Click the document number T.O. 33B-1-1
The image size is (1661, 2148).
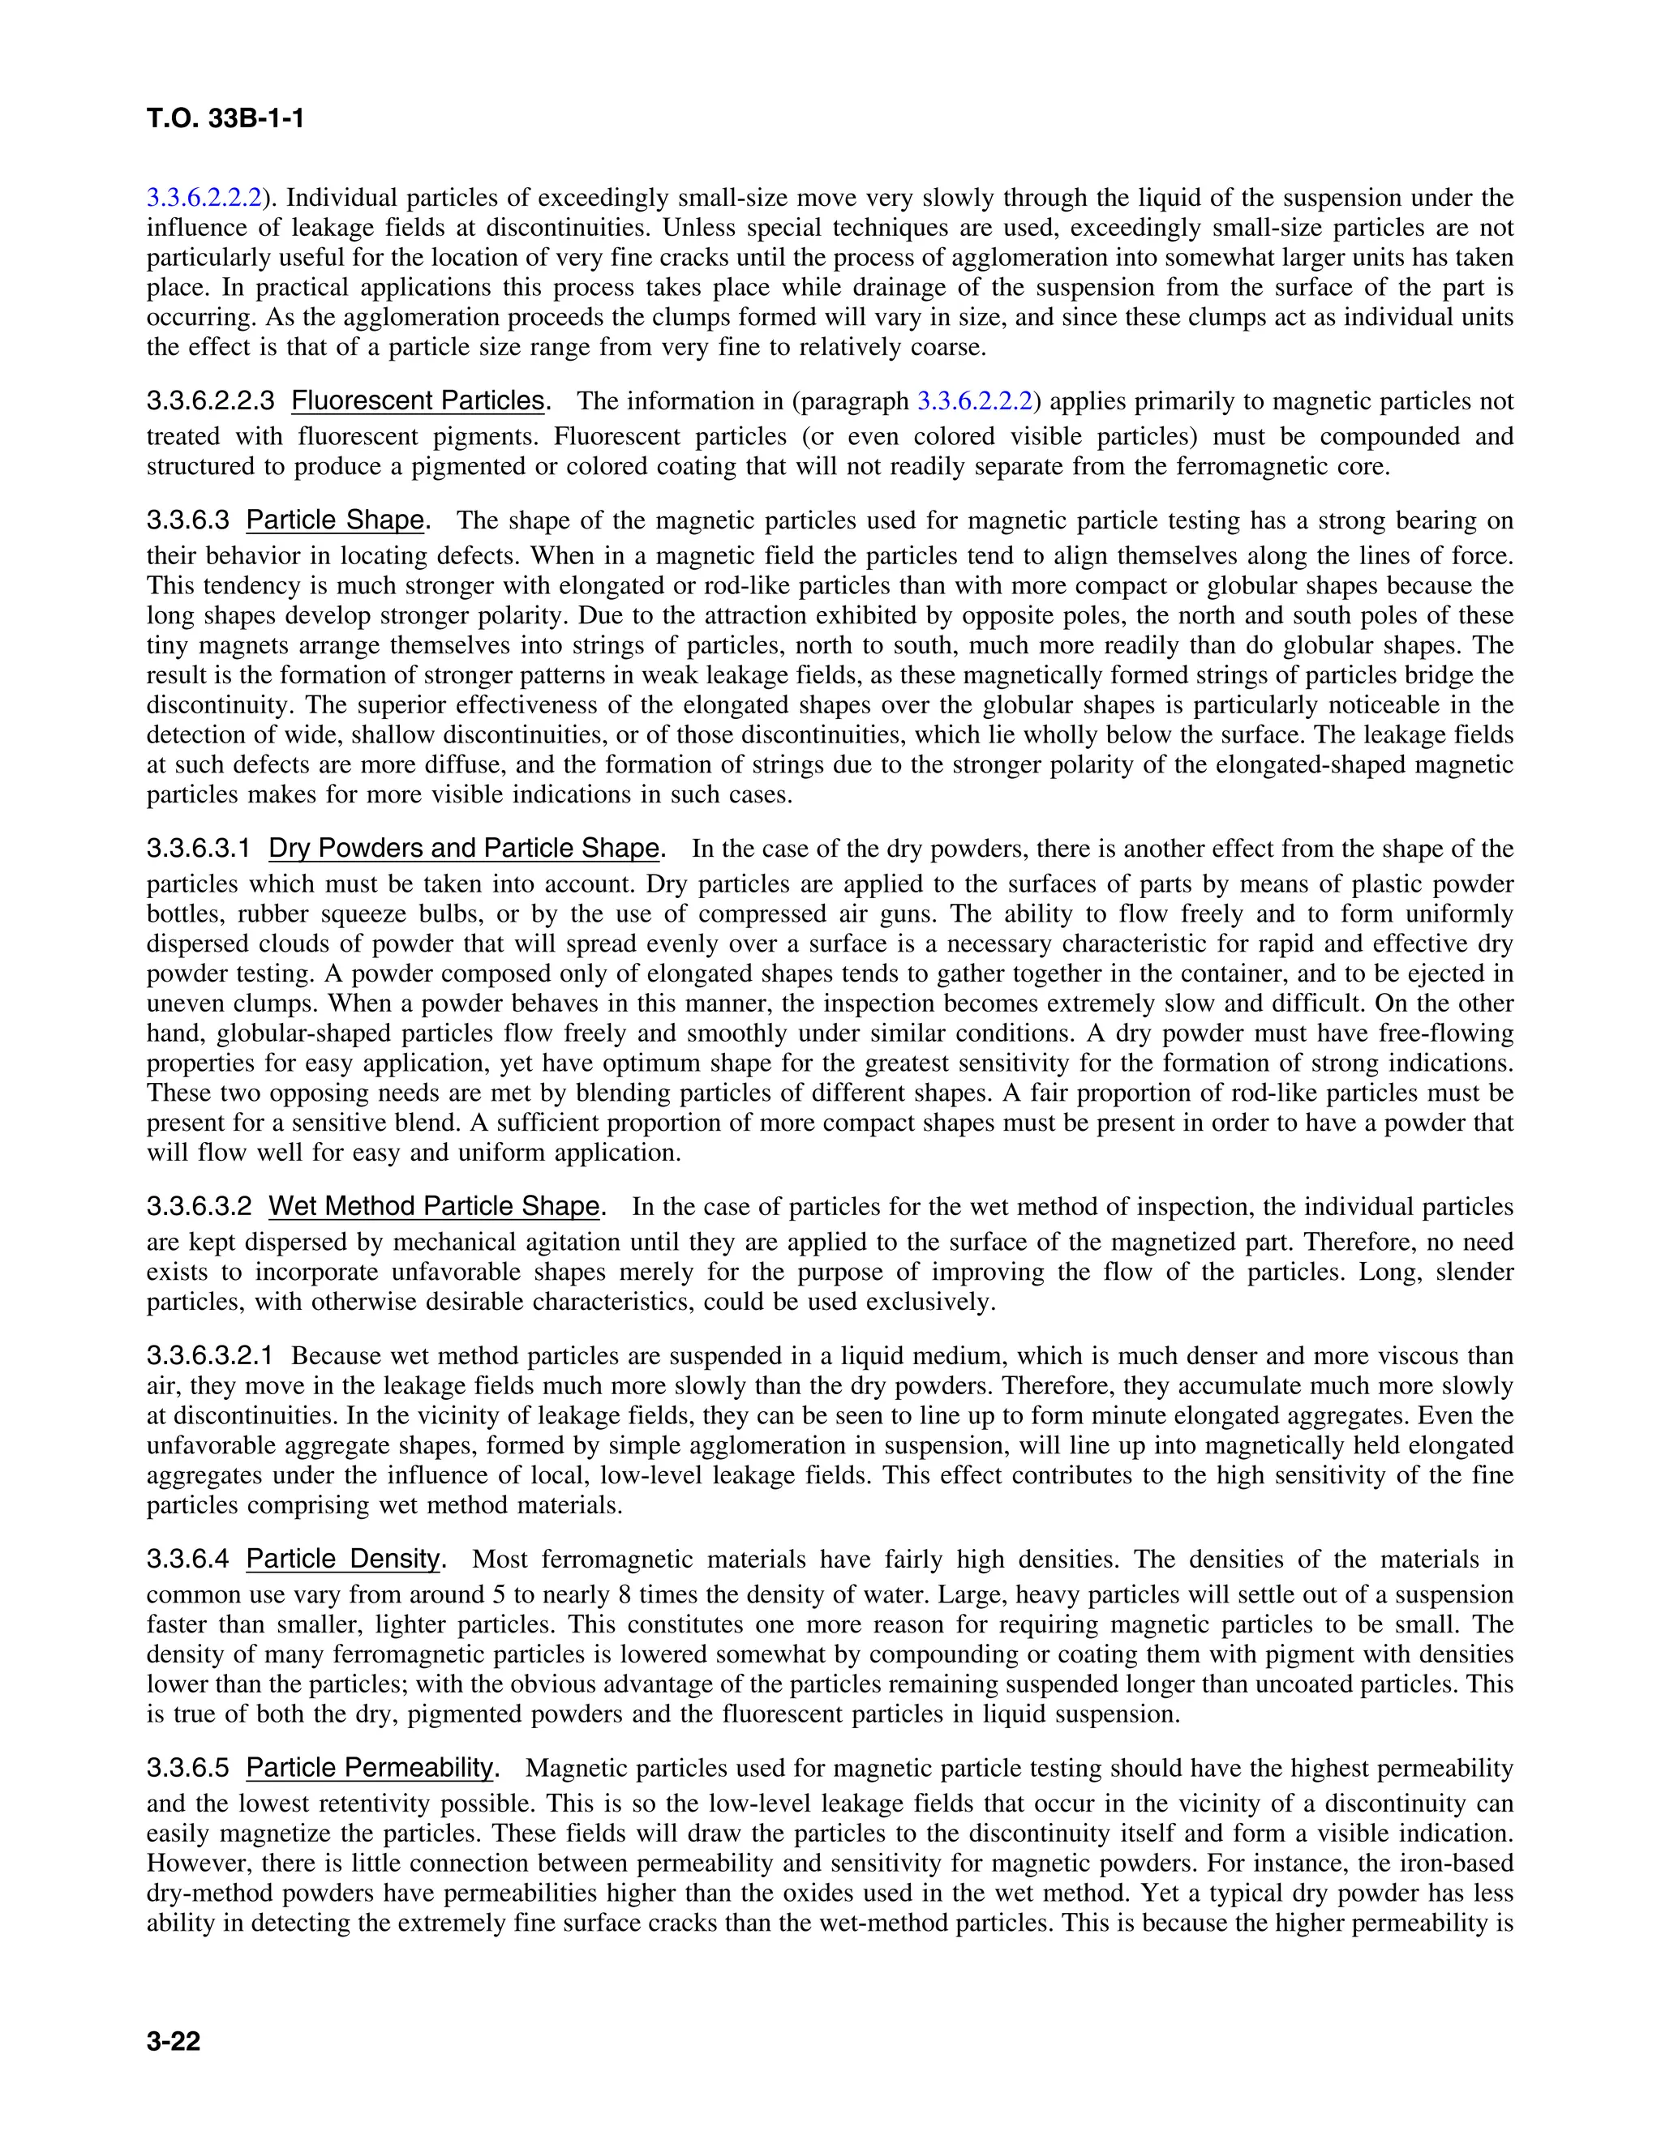(225, 119)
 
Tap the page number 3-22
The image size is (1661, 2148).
(174, 2042)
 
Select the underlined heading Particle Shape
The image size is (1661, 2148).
(336, 520)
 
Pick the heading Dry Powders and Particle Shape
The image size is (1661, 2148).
(463, 848)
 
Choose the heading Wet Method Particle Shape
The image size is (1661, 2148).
(434, 1206)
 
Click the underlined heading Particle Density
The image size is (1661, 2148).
(343, 1559)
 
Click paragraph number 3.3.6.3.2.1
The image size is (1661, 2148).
(208, 1355)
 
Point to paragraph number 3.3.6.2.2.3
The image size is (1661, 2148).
(208, 400)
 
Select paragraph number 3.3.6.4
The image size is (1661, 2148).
(187, 1559)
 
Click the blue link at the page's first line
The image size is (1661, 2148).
(204, 198)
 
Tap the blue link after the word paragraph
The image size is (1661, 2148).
(974, 400)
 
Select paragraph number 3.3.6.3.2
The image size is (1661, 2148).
(198, 1206)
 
